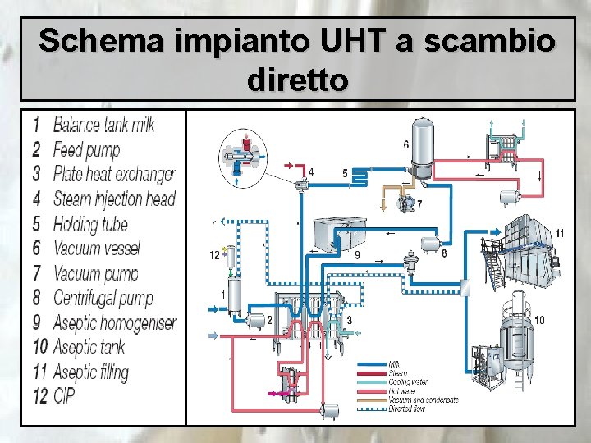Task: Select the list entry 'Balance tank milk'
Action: click(103, 125)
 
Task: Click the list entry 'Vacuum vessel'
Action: click(96, 248)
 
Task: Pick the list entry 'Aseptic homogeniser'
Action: click(114, 322)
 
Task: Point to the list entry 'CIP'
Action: click(65, 397)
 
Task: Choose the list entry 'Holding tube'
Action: click(90, 223)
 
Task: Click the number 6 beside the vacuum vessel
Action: click(405, 145)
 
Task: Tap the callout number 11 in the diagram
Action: click(559, 234)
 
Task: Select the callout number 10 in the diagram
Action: click(539, 319)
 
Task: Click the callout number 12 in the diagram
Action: click(214, 255)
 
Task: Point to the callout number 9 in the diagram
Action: click(357, 255)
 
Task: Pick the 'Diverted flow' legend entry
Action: click(407, 409)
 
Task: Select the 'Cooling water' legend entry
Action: click(408, 382)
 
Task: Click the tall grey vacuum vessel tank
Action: click(424, 148)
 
